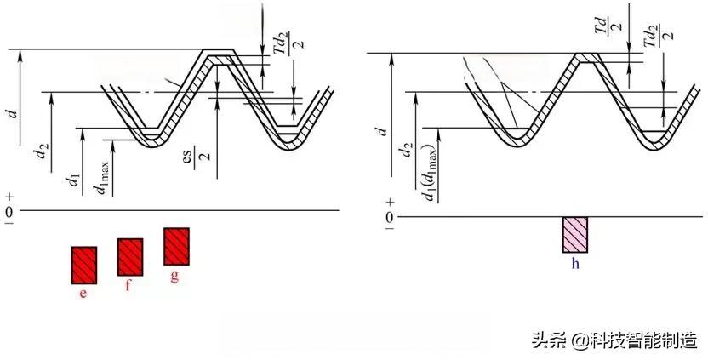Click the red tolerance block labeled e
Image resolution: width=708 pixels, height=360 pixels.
84,266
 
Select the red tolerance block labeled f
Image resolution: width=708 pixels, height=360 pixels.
130,257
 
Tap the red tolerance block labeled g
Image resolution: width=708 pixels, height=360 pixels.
176,246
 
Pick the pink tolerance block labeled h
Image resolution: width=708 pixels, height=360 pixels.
574,235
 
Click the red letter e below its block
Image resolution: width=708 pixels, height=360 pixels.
83,294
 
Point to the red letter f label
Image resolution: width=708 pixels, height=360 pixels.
128,286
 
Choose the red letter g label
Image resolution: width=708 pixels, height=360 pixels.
174,277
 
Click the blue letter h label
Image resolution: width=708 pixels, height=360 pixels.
575,264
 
